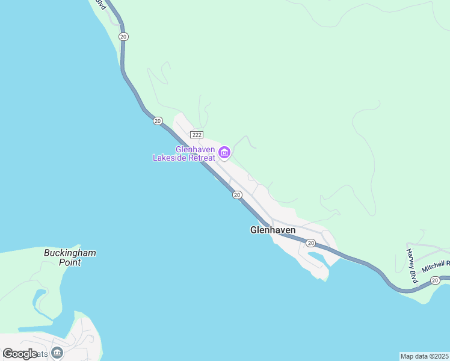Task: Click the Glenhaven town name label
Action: pos(273,230)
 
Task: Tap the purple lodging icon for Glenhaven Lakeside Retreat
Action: pos(224,153)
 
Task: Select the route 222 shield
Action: pos(197,135)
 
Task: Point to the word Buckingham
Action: pos(70,253)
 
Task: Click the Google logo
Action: pos(20,354)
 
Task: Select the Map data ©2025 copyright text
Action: pos(424,356)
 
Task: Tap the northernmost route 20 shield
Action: pos(123,37)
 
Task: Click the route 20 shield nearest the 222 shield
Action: pos(158,121)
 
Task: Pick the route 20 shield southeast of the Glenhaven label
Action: pos(310,243)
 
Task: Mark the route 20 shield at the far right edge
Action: pos(435,280)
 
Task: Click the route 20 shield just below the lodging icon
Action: pos(237,194)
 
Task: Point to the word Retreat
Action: pos(200,158)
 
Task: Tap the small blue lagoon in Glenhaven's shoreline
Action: pos(316,259)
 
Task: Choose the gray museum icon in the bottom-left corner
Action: pos(57,353)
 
